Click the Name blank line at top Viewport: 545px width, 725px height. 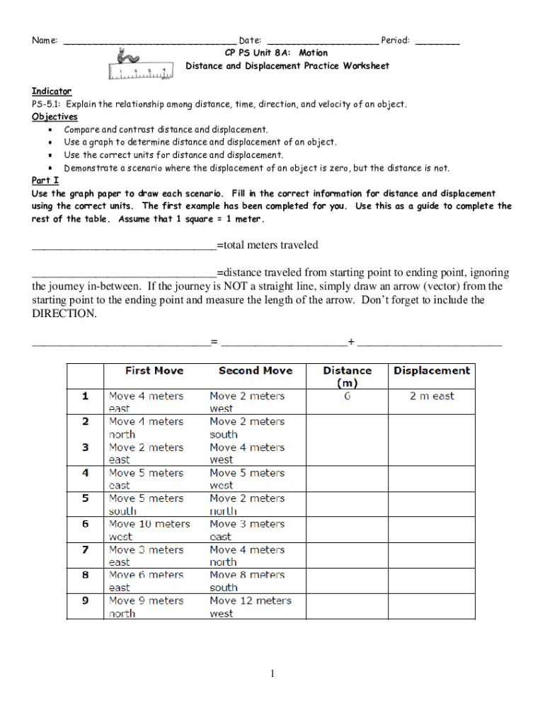tap(149, 42)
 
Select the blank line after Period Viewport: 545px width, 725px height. tap(437, 42)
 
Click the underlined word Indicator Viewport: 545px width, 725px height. tap(52, 91)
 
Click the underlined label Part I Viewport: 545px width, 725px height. tap(45, 181)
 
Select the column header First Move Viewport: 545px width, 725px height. tap(154, 370)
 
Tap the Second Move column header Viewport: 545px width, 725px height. tap(255, 370)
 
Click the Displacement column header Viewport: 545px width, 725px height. tap(431, 370)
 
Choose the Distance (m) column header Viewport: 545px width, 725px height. tap(347, 376)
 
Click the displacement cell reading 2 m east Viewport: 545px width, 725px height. tap(432, 396)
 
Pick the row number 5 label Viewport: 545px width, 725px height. tap(85, 498)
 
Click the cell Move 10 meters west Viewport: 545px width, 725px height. tap(149, 530)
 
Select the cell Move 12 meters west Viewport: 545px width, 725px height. tap(251, 607)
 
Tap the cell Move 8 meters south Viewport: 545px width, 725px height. tap(247, 581)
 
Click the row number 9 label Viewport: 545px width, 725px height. tap(85, 600)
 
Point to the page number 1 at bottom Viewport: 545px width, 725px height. tap(272, 673)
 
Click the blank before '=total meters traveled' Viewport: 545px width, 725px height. tap(124, 246)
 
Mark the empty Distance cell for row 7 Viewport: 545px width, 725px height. tap(347, 556)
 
